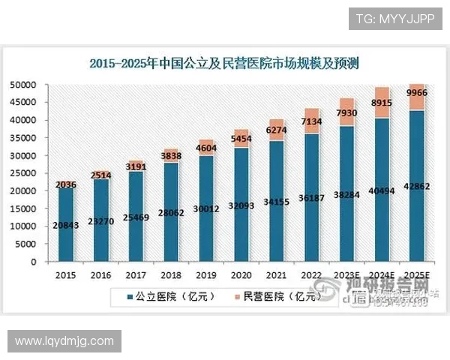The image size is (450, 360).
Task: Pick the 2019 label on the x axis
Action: pyautogui.click(x=205, y=274)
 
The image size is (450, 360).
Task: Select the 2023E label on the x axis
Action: pyautogui.click(x=346, y=274)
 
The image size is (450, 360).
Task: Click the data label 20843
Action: pyautogui.click(x=66, y=225)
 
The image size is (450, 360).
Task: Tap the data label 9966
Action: pyautogui.click(x=417, y=93)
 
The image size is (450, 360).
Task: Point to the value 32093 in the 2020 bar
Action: pyautogui.click(x=241, y=204)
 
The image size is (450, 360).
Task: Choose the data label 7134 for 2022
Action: pyautogui.click(x=312, y=121)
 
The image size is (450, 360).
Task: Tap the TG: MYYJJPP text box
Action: pyautogui.click(x=394, y=18)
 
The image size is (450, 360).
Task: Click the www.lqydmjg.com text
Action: pyautogui.click(x=64, y=341)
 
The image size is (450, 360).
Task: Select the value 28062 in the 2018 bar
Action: pyautogui.click(x=171, y=212)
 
